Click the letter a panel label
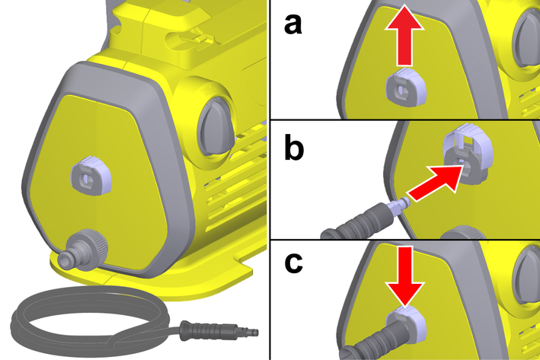292,24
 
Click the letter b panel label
294,148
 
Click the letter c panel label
293,263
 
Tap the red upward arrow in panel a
404,34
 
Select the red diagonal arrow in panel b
435,183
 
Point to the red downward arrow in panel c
405,276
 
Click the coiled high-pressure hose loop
90,321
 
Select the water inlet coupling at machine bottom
82,250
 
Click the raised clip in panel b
468,152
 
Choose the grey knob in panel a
526,41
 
